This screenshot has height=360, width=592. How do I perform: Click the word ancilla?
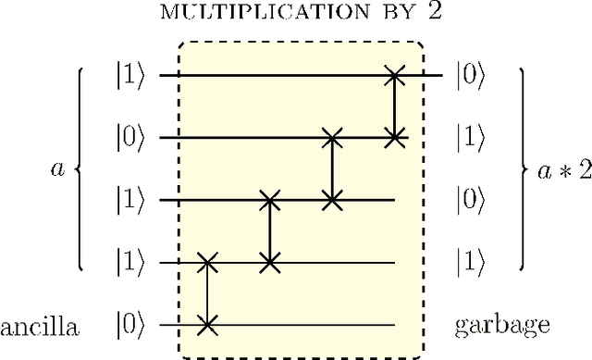coord(39,325)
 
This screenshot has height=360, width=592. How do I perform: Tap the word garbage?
coord(502,325)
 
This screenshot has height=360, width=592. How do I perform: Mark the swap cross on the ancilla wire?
coord(208,325)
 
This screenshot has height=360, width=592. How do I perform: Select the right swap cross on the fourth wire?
coord(270,263)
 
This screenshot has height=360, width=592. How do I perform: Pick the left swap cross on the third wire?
coord(270,200)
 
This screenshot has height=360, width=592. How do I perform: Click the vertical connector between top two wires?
coord(396,106)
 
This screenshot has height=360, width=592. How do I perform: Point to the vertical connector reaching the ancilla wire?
coord(208,294)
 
